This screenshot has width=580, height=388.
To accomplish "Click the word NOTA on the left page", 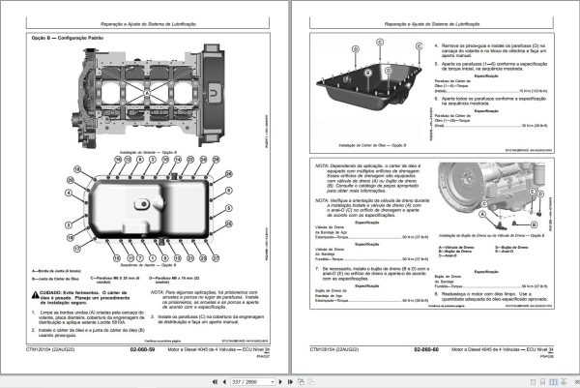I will coord(159,288).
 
